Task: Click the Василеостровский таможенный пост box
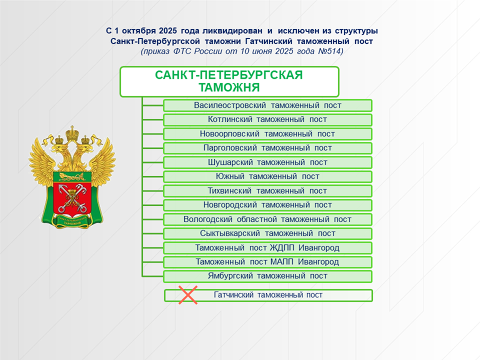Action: pos(267,105)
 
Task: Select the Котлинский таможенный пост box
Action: pos(267,120)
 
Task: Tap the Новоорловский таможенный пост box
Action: pos(267,134)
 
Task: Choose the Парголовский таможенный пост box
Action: pos(267,148)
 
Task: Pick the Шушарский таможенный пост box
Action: pos(267,162)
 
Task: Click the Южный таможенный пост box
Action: pos(267,176)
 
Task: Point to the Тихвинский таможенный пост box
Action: pos(267,191)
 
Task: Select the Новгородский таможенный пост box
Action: pos(267,205)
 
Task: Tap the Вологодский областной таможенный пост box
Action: pos(267,219)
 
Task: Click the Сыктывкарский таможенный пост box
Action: pos(267,233)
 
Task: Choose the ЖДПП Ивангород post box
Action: pos(267,248)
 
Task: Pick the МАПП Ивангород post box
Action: pos(267,262)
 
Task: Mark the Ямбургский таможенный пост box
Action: pos(267,276)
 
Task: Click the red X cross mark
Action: pos(188,295)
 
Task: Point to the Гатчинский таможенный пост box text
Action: pos(268,295)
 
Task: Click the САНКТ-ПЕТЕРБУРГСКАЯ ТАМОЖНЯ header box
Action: pos(229,81)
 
